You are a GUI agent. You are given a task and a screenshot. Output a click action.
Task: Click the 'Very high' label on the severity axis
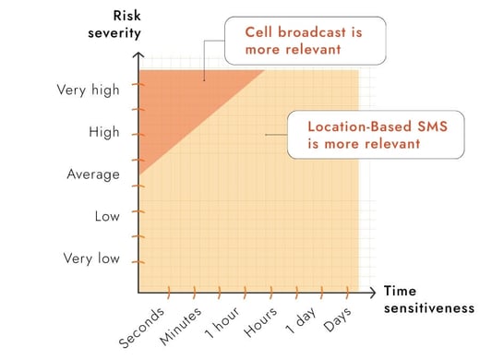pos(89,90)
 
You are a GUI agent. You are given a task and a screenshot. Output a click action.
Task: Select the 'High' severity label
pos(104,132)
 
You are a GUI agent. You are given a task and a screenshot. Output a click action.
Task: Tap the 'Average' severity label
pos(93,174)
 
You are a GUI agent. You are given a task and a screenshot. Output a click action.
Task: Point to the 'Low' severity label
pos(107,216)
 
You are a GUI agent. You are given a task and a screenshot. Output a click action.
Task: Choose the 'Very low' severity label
pos(90,258)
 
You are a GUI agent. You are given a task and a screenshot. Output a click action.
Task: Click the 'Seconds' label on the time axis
pos(144,326)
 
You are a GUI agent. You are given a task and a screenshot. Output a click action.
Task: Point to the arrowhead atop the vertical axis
pos(138,56)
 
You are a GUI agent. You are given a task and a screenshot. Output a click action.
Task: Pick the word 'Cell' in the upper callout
pos(258,30)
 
